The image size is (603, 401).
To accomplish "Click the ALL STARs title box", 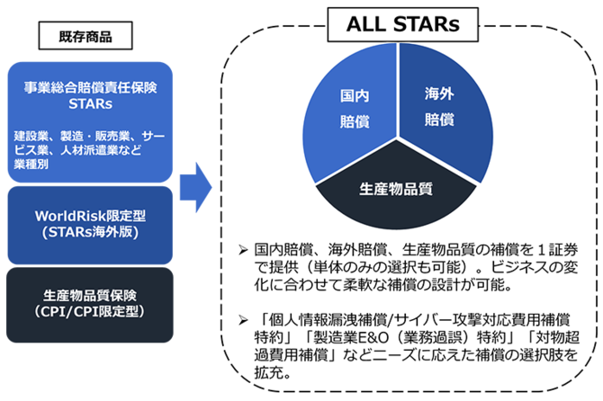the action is coord(402,24).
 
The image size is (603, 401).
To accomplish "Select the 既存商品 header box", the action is coord(85,36).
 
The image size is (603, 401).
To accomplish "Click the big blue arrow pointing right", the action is coord(195,187).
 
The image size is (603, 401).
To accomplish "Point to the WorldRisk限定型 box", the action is coord(90,225).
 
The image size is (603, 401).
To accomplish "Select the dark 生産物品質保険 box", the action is coord(90,305).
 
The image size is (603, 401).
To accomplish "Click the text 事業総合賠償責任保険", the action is coord(90,87).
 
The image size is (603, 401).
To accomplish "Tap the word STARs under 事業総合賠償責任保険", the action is coord(90,104).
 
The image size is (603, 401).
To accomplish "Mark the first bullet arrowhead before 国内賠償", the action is coord(243,251).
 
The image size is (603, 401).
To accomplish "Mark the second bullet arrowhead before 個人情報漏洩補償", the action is coord(243,320).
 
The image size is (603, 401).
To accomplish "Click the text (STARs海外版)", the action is coord(90,232).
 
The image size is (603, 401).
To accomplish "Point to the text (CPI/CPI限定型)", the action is coord(89,311).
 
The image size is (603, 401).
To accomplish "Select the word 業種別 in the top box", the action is coord(31,165).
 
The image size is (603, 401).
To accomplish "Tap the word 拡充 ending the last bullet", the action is coord(268,372).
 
